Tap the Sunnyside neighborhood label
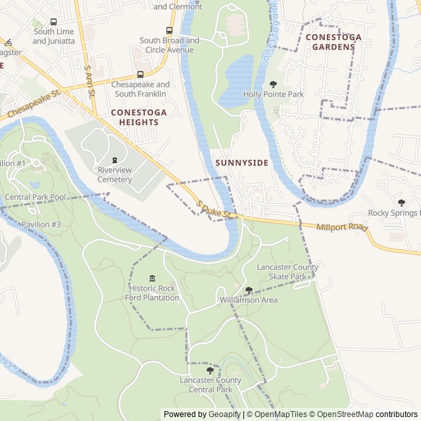241,162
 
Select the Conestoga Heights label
139,117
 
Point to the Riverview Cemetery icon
115,160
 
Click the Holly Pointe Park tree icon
273,84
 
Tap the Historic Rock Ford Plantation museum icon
153,278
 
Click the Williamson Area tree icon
249,290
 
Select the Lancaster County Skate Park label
287,272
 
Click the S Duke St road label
216,210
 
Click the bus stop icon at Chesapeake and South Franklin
140,74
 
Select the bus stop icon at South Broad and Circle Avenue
169,30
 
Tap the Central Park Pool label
35,197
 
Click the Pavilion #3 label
41,224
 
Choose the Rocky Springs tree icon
401,203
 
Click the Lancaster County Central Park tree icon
210,370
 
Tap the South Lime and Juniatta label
53,36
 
